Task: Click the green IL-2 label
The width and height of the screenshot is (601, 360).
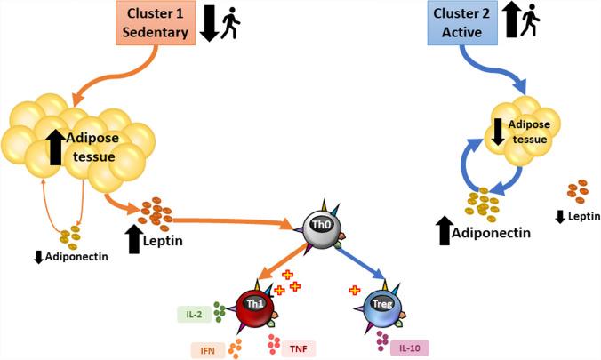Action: [x=194, y=313]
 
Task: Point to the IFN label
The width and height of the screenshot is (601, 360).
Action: [x=207, y=348]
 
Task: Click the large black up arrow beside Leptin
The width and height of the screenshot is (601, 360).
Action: [x=136, y=238]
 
